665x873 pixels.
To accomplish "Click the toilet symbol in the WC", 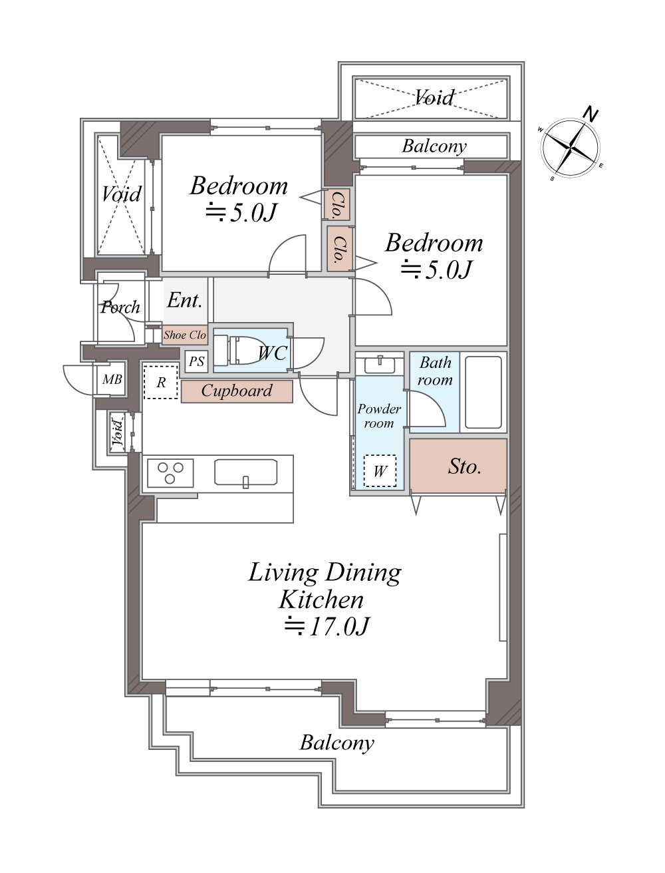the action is (x=239, y=350).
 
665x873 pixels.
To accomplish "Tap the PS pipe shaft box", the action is (x=196, y=361).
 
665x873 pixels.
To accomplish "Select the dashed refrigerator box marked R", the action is (x=160, y=382).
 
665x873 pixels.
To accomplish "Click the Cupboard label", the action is (x=237, y=391).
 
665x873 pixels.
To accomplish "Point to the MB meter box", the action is (x=112, y=379).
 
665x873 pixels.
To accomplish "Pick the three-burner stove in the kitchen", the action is (x=170, y=473).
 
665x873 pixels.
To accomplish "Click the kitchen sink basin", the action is (x=245, y=472).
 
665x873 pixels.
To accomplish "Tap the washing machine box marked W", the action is (x=380, y=471).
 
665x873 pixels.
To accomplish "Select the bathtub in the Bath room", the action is (x=483, y=392).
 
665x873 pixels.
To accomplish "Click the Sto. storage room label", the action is (x=464, y=466).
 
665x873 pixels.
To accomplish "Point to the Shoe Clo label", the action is (x=185, y=335).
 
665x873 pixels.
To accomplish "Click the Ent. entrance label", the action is (x=185, y=300).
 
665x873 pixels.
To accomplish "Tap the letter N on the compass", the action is (x=591, y=114).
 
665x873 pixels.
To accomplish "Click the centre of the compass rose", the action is (x=571, y=148).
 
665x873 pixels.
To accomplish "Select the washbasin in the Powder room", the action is (x=380, y=365).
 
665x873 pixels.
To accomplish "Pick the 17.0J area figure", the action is (x=328, y=627).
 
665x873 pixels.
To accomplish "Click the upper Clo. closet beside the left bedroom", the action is (x=337, y=204).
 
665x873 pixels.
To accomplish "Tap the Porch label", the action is (x=120, y=307).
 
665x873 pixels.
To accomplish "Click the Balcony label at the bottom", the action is (x=337, y=743).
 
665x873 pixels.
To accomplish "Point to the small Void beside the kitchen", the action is (x=117, y=433).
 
